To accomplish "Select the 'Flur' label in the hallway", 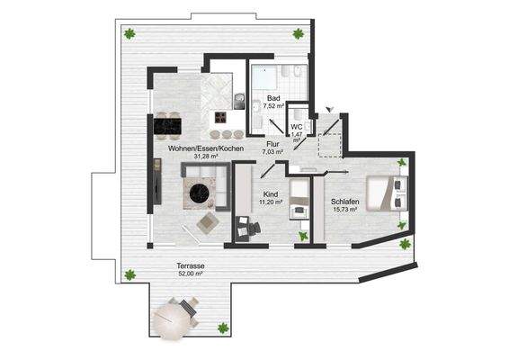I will [272, 144].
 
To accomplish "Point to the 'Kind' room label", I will [269, 194].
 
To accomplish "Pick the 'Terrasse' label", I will [191, 267].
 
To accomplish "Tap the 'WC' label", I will [296, 126].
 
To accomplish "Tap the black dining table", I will [165, 121].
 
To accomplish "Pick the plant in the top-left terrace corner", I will [130, 34].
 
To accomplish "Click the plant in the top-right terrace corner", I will [298, 34].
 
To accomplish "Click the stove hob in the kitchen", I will [220, 117].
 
